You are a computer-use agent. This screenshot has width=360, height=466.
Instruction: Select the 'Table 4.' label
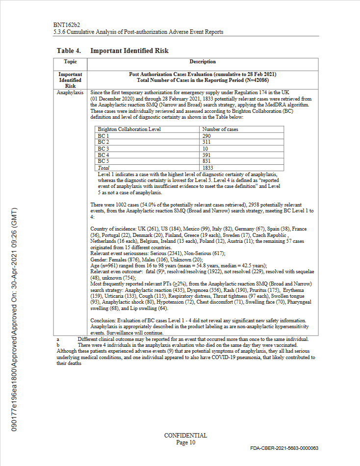(69, 51)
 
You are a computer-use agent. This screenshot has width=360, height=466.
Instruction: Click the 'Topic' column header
(70, 62)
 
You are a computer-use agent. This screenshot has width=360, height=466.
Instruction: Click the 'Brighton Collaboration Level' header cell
(129, 129)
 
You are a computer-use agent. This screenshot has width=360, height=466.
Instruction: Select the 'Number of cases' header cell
(220, 129)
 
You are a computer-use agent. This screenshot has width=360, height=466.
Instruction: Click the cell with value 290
(207, 135)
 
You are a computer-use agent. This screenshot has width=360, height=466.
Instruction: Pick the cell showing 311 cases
(207, 142)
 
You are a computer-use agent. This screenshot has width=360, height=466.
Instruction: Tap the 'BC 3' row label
(103, 148)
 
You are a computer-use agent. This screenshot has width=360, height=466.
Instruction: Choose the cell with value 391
(207, 155)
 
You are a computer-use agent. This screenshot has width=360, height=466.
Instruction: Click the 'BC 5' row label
(103, 161)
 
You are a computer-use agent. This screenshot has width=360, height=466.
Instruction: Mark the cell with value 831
(207, 161)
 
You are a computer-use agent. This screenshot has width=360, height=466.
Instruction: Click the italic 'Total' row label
(104, 168)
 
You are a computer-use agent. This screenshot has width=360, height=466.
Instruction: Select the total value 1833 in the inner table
(208, 168)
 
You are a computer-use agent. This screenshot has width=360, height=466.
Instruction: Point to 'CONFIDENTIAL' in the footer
(185, 436)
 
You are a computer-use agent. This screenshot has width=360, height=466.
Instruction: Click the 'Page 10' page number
(185, 442)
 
